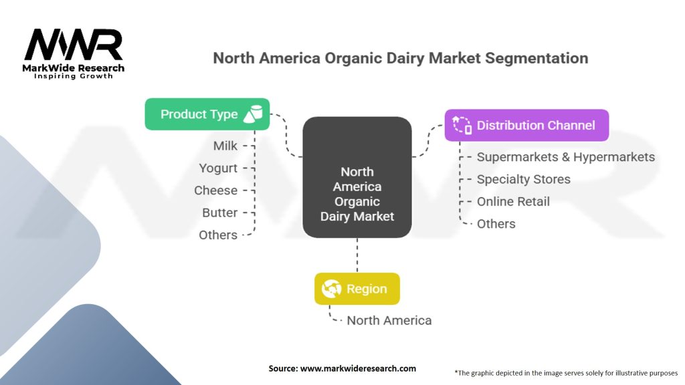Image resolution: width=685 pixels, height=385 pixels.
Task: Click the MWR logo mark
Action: coord(74,45)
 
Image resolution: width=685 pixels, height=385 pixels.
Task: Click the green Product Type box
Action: coord(207,114)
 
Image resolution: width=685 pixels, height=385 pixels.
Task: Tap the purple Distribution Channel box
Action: coord(526,125)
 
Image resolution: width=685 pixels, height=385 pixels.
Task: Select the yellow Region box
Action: coord(357,289)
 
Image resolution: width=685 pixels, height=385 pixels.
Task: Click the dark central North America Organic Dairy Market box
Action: coord(357,177)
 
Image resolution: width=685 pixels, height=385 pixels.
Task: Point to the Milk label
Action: coord(225,146)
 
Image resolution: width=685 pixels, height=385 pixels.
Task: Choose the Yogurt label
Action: coord(218,168)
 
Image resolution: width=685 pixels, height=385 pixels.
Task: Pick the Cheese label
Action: coord(216,190)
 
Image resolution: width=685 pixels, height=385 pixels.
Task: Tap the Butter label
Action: coord(219,213)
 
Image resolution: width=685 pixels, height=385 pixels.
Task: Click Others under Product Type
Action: coord(218,235)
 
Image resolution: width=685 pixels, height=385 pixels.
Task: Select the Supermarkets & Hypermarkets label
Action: coord(566,157)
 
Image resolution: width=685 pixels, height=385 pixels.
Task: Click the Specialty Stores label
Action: coord(523,179)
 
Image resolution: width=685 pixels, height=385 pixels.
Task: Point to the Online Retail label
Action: coord(513,202)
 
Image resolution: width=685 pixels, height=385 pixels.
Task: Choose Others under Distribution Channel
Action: coord(496,224)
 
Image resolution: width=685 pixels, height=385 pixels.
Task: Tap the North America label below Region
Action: coord(389,320)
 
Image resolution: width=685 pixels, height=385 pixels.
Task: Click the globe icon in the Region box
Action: coord(331,289)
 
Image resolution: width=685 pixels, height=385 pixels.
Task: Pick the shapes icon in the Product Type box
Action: coord(253,114)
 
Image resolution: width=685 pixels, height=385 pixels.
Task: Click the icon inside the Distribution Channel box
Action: coord(462,125)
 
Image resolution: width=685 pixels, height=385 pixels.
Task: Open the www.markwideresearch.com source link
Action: coord(358,368)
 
